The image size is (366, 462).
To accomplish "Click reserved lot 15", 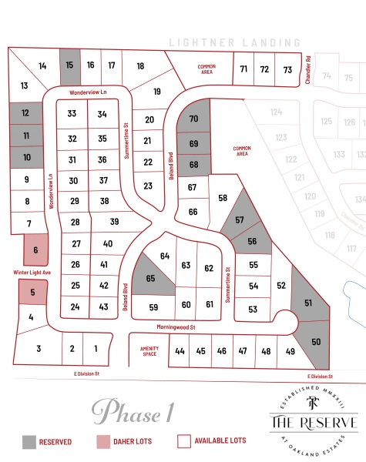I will [x=69, y=65].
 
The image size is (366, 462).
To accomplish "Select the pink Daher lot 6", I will [x=35, y=249].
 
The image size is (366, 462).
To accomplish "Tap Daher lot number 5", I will [x=33, y=292].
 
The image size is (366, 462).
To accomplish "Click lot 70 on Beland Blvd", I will [x=194, y=118].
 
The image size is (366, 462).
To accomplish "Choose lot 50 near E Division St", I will [x=315, y=341].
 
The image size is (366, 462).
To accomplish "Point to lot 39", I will [x=114, y=222].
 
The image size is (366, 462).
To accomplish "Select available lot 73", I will [x=287, y=70].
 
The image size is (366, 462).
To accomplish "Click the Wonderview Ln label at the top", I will [x=86, y=92].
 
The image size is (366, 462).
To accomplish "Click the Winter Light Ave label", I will [x=31, y=271].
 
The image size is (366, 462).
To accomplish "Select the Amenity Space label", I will [x=149, y=350].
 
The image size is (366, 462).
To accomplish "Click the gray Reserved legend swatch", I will [x=29, y=441].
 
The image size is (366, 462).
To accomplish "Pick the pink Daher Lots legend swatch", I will [x=103, y=441].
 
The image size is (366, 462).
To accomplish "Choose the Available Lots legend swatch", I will [x=183, y=441].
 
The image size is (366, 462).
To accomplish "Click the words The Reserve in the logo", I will [x=313, y=423].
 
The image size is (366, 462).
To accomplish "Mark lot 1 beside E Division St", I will [x=96, y=349].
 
